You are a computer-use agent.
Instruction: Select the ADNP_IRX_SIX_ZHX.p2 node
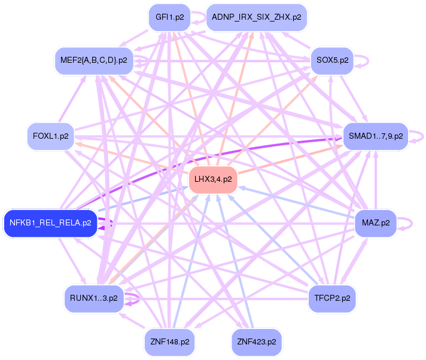(x=257, y=17)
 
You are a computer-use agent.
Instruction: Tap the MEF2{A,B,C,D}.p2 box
(x=94, y=60)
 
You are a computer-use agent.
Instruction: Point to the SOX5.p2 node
(x=332, y=60)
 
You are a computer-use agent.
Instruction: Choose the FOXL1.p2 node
(x=51, y=136)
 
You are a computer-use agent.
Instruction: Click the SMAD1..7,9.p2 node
(x=375, y=136)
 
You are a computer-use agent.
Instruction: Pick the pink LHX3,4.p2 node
(x=213, y=179)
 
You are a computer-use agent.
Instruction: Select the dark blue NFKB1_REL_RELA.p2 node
(x=50, y=223)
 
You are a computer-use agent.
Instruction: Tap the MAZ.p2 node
(x=375, y=223)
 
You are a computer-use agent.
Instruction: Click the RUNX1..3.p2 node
(x=93, y=297)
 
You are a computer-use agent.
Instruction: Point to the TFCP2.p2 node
(x=332, y=296)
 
